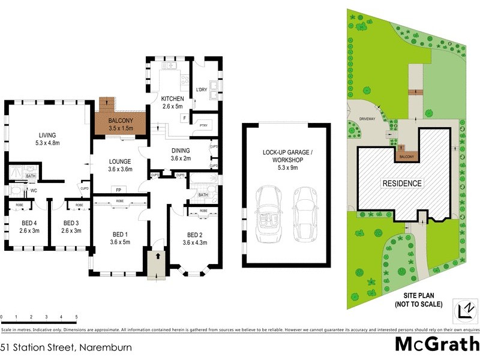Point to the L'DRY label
tap(202, 91)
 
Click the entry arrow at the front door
tap(157, 255)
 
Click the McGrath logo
tap(436, 344)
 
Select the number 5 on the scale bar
tap(76, 316)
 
